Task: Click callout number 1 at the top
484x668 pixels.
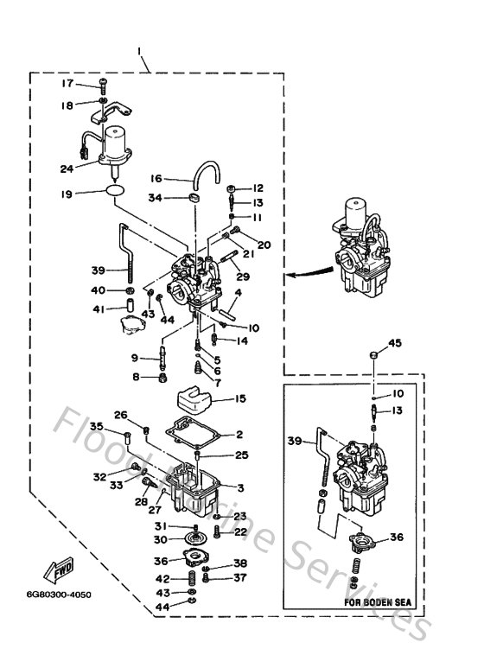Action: point(139,51)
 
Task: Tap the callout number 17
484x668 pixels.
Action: point(67,84)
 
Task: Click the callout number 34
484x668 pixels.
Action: point(156,198)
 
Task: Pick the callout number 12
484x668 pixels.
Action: point(258,188)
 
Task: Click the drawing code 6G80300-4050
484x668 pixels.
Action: point(58,595)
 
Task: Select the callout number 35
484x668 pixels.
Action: point(97,426)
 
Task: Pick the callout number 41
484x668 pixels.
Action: point(99,309)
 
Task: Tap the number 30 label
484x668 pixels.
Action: point(161,540)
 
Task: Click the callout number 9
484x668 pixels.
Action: point(135,358)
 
